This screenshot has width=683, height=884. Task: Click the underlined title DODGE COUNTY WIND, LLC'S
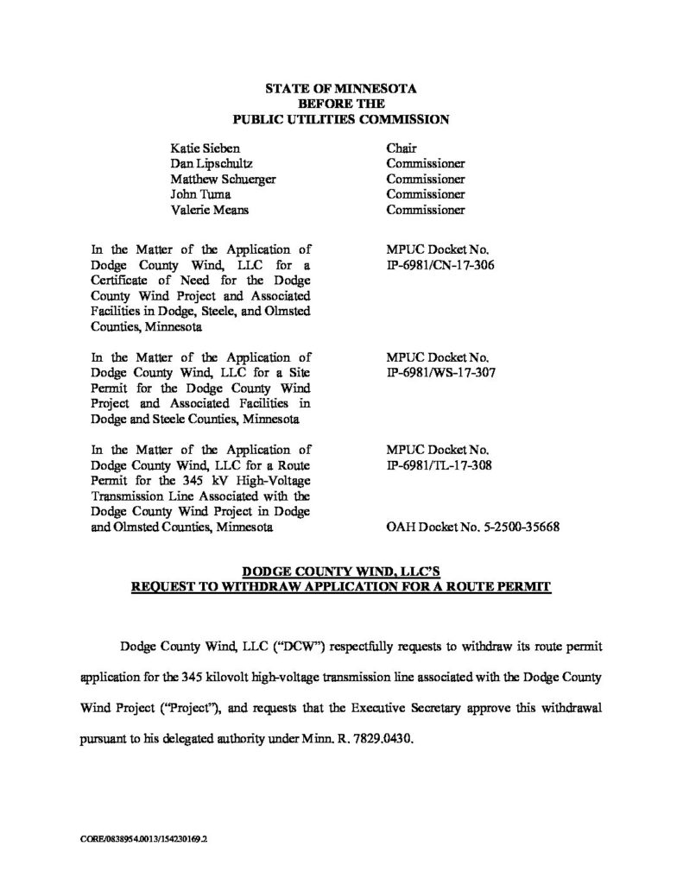point(340,571)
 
